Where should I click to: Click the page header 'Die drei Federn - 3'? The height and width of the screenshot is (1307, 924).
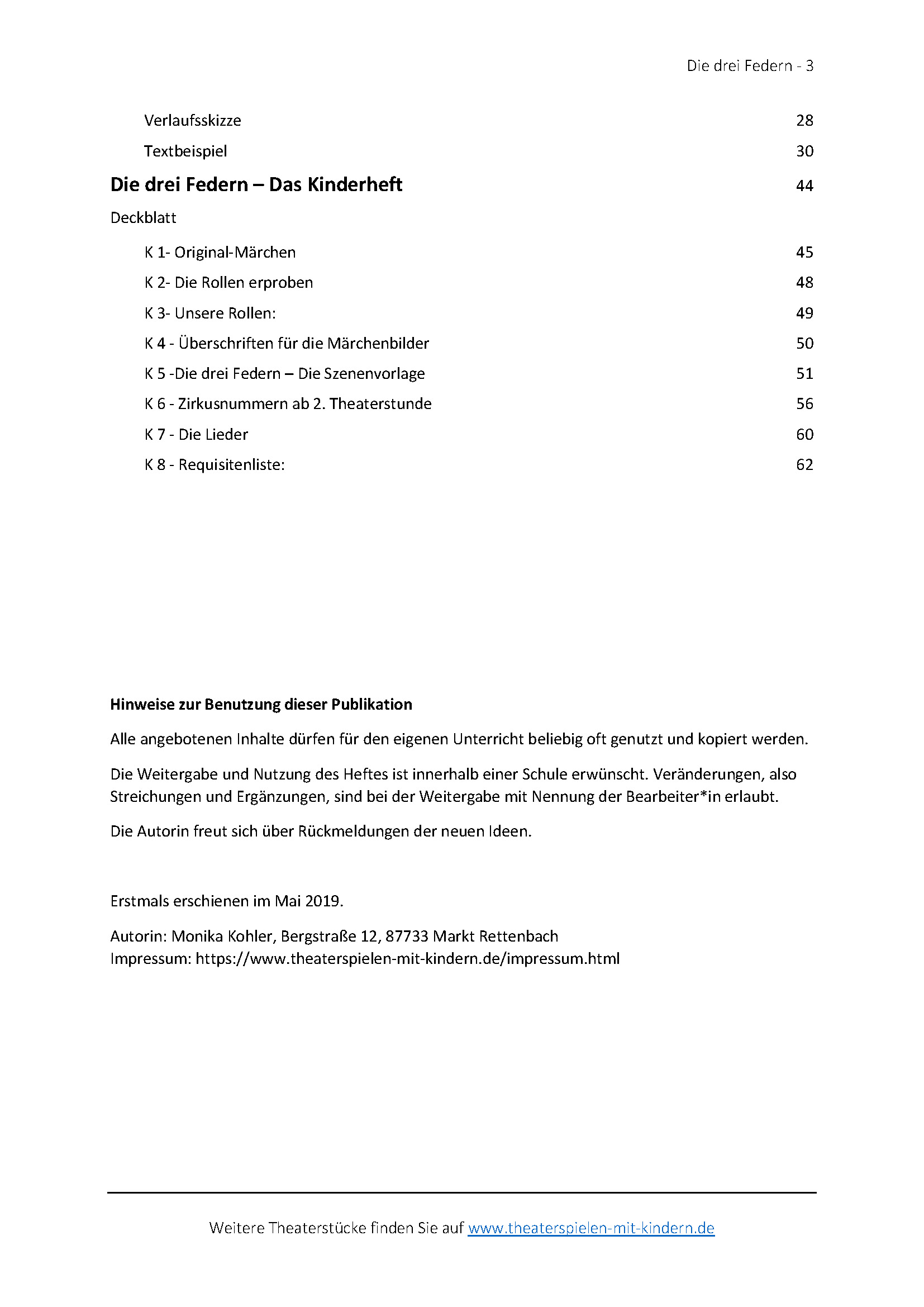pos(749,66)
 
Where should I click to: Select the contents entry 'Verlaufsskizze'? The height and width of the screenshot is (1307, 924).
pos(192,121)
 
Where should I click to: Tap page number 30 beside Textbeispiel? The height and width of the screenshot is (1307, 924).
pos(804,151)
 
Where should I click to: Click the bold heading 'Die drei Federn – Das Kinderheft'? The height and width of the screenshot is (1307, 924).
pos(256,185)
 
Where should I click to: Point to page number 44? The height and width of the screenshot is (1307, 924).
pos(804,186)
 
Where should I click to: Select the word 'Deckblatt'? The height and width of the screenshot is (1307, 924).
pos(144,218)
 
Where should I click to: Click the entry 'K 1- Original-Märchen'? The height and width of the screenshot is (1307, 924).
pos(220,253)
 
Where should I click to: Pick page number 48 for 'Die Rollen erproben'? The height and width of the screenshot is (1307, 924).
pos(804,283)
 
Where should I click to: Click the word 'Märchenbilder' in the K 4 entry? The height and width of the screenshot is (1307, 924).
pos(378,344)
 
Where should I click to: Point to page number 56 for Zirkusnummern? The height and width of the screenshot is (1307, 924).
pos(804,404)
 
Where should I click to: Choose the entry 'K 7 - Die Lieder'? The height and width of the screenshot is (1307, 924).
pos(196,435)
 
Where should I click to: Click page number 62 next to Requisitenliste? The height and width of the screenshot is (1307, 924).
pos(804,465)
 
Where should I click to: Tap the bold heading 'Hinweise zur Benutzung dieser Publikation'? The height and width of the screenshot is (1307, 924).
pos(261,705)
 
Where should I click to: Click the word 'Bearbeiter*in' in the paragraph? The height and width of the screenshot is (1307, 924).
pos(665,797)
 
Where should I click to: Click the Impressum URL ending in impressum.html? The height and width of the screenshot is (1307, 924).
pos(407,959)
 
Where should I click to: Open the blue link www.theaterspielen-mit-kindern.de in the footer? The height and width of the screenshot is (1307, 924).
pos(590,1228)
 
